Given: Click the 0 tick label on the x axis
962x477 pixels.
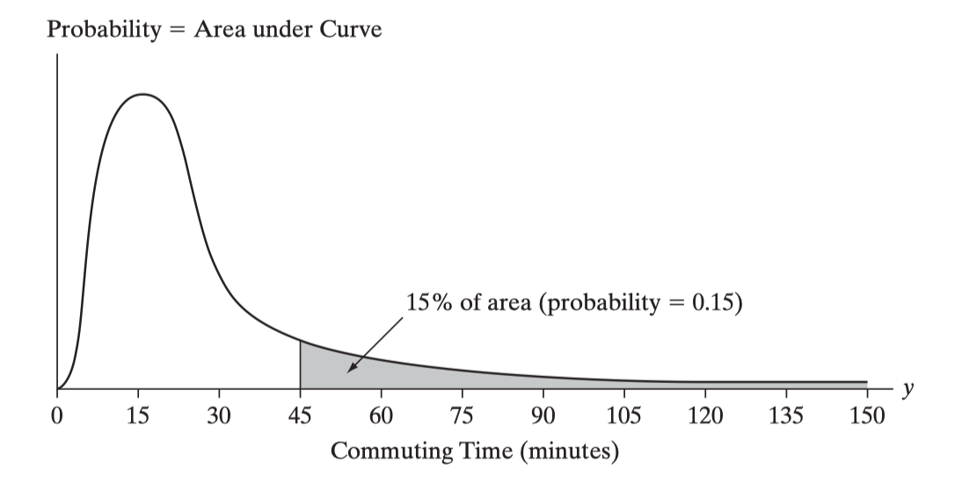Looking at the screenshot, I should click(x=57, y=416).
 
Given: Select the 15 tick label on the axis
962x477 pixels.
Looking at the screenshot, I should click(x=138, y=416).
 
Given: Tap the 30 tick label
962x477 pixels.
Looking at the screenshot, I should click(x=219, y=416).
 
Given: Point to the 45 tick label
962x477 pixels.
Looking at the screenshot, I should click(x=300, y=416).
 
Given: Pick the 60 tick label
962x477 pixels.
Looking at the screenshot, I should click(x=381, y=416).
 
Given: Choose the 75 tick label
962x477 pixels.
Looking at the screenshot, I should click(x=462, y=416).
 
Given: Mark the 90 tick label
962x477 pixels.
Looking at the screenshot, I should click(x=543, y=416).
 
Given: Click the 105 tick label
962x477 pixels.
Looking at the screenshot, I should click(x=623, y=416).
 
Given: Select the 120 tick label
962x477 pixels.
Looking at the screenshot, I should click(x=705, y=416).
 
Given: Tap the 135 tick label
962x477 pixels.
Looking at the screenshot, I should click(x=786, y=416).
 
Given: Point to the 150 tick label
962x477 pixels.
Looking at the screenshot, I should click(x=867, y=416).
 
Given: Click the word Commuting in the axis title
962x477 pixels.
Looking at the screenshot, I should click(x=386, y=452).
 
